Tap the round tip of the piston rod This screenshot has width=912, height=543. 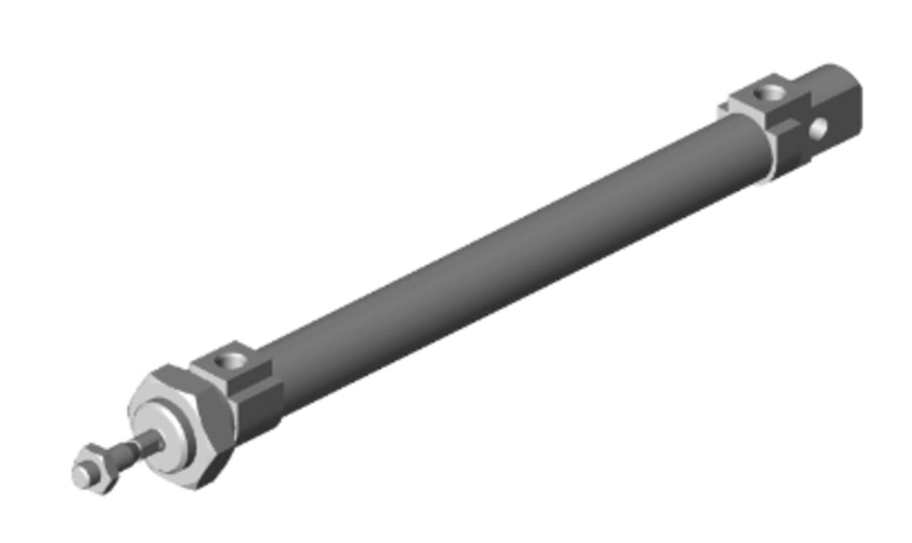[82, 476]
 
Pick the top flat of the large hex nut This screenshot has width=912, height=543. [175, 373]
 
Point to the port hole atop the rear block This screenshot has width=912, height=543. [769, 93]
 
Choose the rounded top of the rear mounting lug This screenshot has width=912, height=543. [832, 72]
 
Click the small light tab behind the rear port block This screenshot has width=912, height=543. [723, 109]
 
